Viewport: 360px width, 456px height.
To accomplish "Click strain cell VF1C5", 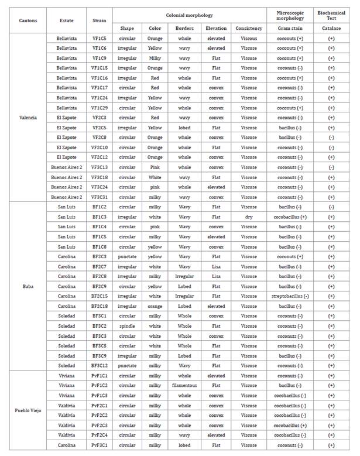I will (99, 38).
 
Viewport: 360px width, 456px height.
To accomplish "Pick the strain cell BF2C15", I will (99, 296).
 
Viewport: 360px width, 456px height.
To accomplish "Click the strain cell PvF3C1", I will (99, 445).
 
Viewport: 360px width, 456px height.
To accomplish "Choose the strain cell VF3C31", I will (99, 197).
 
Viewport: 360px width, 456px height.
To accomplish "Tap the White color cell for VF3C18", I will (155, 177).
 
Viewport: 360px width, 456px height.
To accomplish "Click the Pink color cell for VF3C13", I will (155, 167).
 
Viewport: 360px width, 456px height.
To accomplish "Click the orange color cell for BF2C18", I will (155, 306).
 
